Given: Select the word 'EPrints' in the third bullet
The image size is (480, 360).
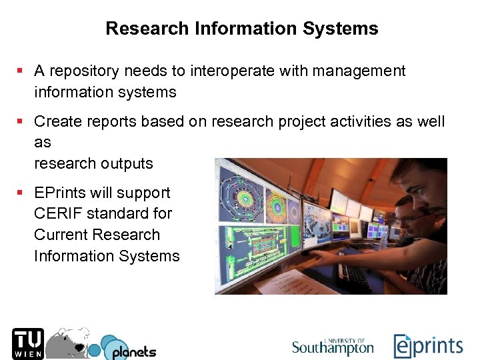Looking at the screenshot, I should click(59, 193).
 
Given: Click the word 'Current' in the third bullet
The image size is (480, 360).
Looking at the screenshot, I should click(63, 235).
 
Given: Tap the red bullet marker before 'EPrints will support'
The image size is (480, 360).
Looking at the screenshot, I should click(21, 193).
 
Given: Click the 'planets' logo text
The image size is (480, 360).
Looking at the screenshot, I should click(133, 352).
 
